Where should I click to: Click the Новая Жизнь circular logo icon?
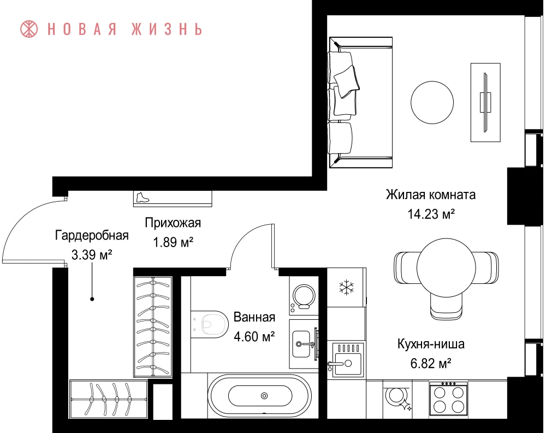coord(29,29)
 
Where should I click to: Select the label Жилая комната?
coord(431,195)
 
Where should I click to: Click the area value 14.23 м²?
coord(431,214)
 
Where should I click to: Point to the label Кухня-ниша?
coord(431,344)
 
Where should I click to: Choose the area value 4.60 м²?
coord(254,336)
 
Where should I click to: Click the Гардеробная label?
coord(92,235)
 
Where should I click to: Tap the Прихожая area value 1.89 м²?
coord(173,242)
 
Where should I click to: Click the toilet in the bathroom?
coord(210,324)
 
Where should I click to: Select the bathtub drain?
coord(264,396)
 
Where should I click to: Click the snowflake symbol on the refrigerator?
coord(347,288)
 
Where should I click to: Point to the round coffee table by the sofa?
coord(432,102)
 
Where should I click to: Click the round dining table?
coord(446,267)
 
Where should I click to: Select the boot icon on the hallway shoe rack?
coord(143,197)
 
